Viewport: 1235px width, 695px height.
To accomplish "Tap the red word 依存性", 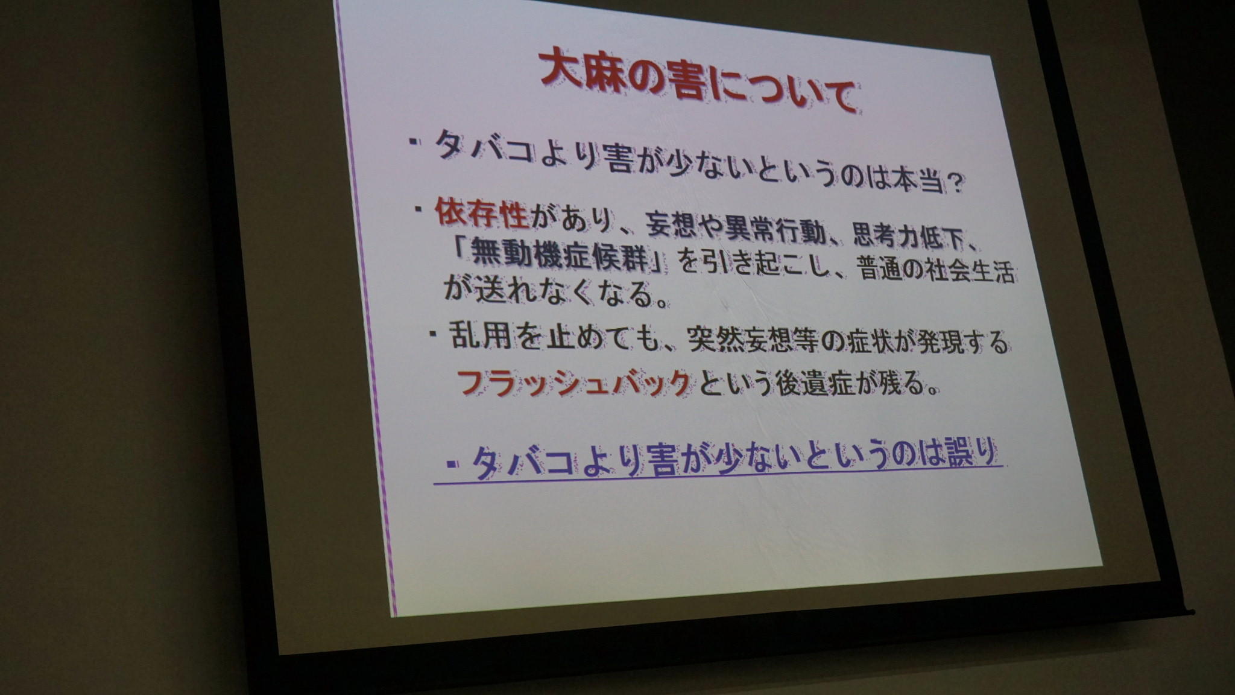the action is pos(481,214).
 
